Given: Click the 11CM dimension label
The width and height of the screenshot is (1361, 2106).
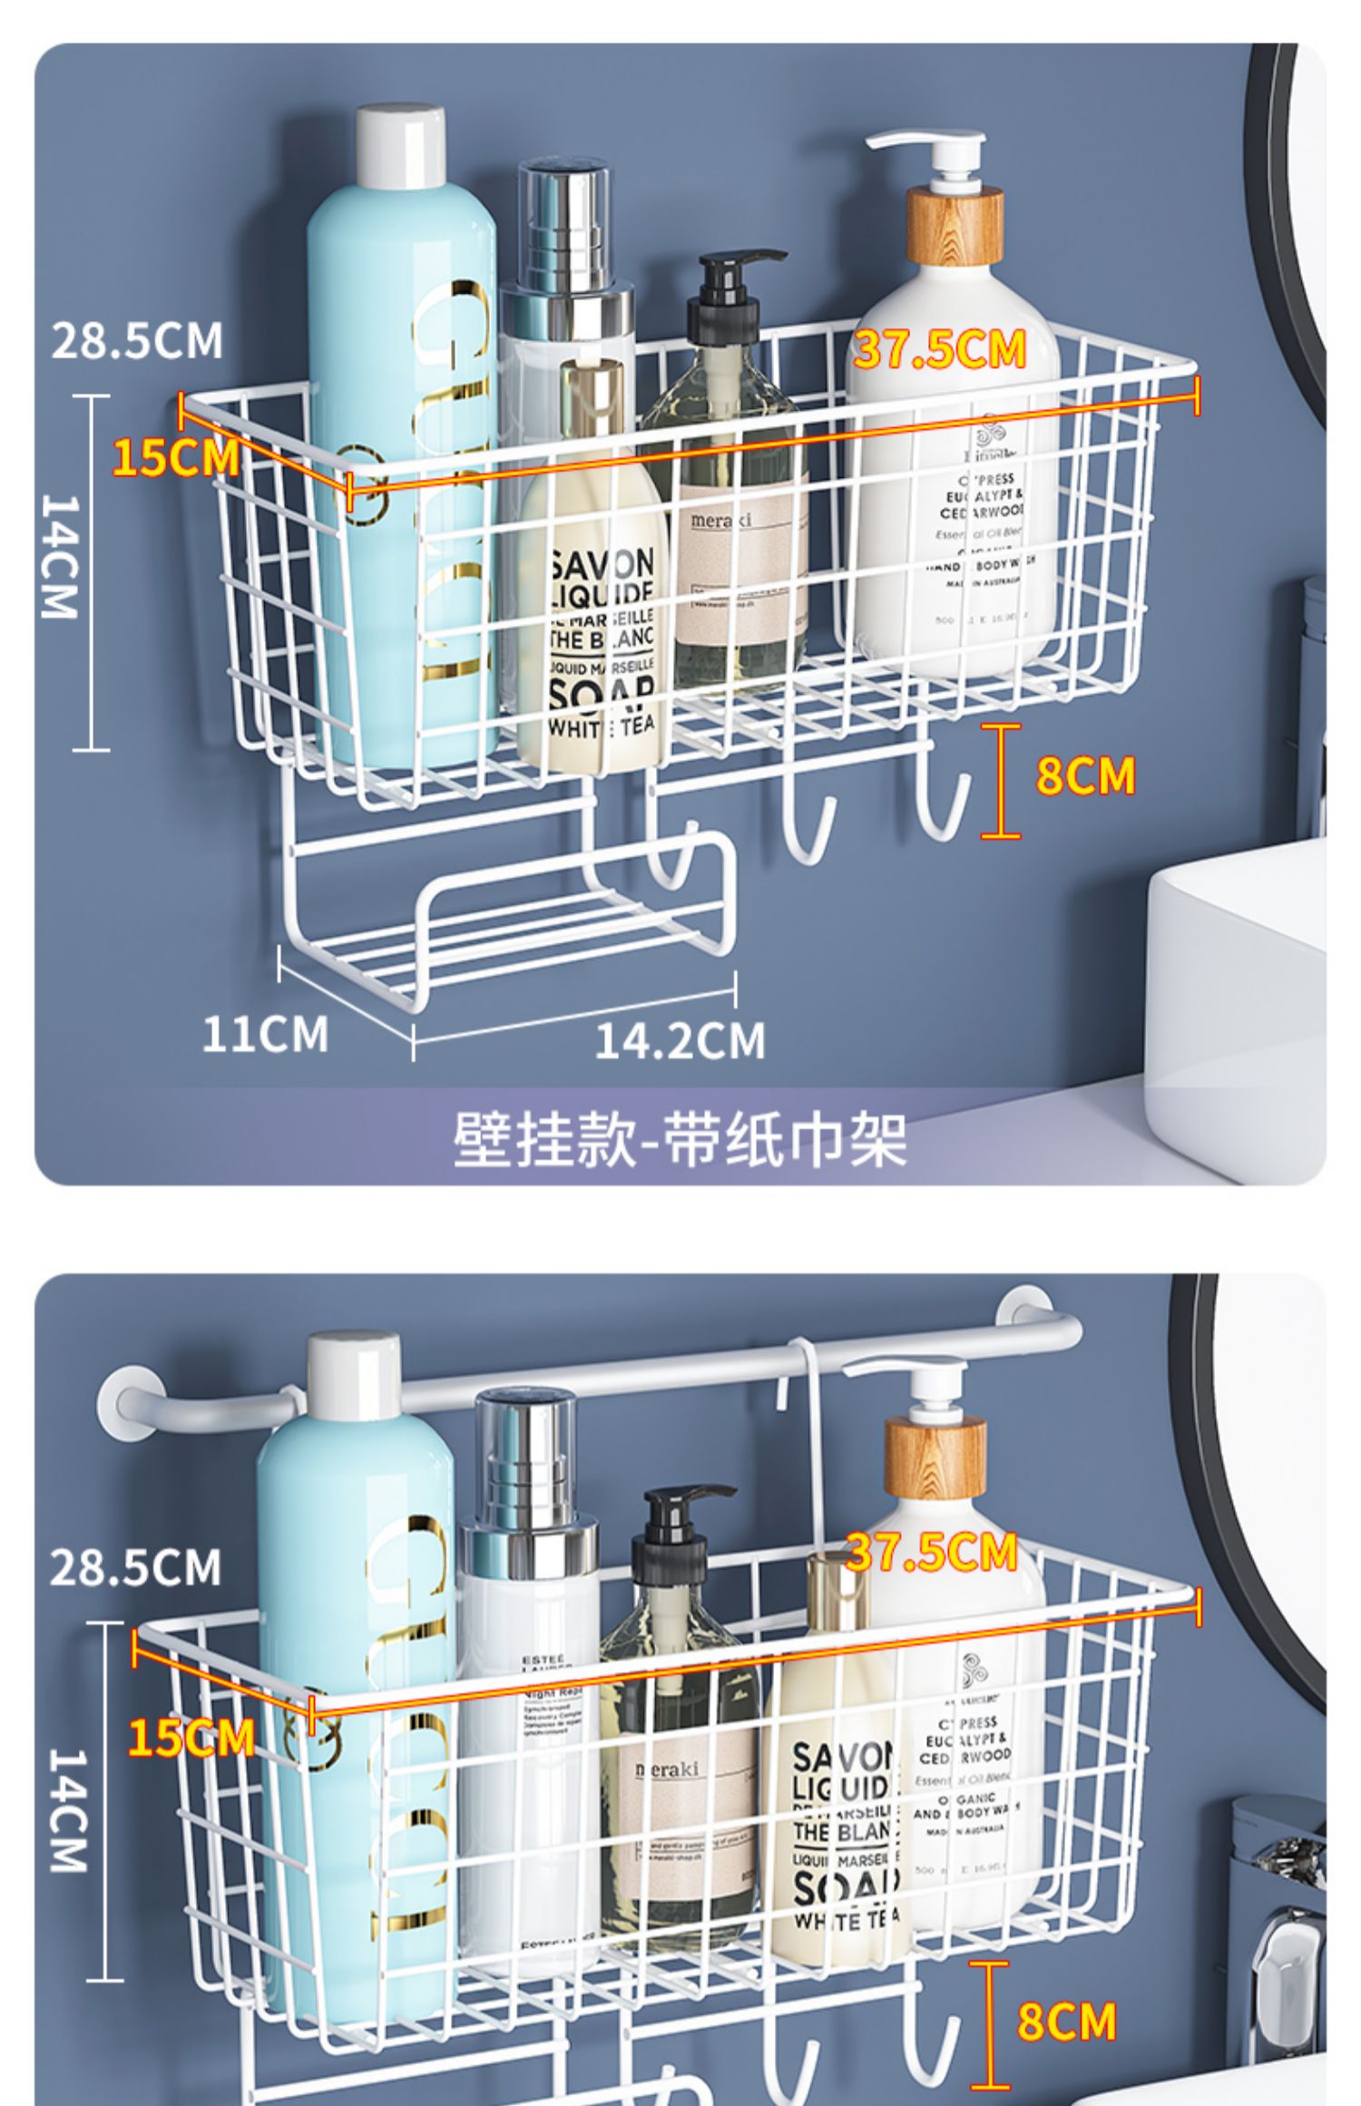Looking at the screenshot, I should [x=264, y=1034].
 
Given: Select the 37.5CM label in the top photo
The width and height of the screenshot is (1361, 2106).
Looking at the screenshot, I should [x=939, y=349].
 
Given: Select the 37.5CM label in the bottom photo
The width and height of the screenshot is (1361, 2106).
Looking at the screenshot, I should [x=932, y=1552].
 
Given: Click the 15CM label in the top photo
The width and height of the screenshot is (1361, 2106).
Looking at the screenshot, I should [x=175, y=457].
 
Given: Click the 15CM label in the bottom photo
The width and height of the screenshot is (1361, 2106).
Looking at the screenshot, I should [x=191, y=1738].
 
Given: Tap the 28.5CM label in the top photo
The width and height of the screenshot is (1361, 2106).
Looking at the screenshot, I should [x=137, y=341].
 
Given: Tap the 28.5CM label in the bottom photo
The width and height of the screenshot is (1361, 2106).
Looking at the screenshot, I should [x=135, y=1567].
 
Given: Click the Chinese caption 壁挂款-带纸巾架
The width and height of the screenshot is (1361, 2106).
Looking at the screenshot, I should [x=680, y=1139].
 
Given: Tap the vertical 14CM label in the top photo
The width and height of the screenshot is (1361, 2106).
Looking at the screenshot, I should [x=61, y=557].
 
